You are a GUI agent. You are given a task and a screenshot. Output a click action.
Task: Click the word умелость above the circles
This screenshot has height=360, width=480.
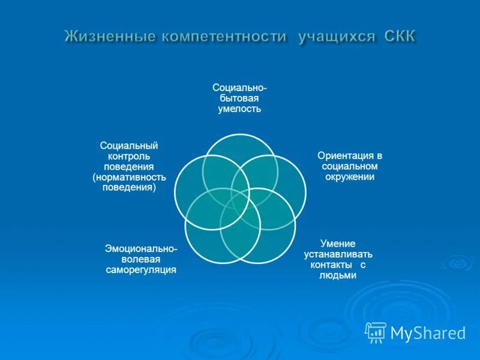239,109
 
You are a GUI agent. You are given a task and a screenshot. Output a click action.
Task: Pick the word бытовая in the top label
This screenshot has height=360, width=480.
239,98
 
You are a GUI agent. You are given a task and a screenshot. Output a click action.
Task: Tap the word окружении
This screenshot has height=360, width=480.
350,177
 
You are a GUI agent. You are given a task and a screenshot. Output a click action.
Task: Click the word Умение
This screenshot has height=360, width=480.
338,244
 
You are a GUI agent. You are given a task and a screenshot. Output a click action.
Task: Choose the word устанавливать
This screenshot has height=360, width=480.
338,254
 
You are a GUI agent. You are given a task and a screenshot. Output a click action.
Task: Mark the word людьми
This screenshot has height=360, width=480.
338,275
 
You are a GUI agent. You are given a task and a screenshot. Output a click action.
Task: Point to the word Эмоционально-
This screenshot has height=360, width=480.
141,248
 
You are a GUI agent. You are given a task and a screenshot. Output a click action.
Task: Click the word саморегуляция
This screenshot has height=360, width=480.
141,270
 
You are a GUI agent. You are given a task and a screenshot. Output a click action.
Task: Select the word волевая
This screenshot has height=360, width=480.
141,259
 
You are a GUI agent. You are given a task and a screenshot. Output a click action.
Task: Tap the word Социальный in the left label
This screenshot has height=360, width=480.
129,145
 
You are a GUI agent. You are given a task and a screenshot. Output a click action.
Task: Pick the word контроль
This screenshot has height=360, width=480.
129,155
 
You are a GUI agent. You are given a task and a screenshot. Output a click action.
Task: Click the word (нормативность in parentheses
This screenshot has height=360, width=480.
129,177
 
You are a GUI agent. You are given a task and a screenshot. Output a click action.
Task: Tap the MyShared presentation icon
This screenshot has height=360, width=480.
376,332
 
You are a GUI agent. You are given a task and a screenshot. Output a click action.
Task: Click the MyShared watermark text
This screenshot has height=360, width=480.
428,332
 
